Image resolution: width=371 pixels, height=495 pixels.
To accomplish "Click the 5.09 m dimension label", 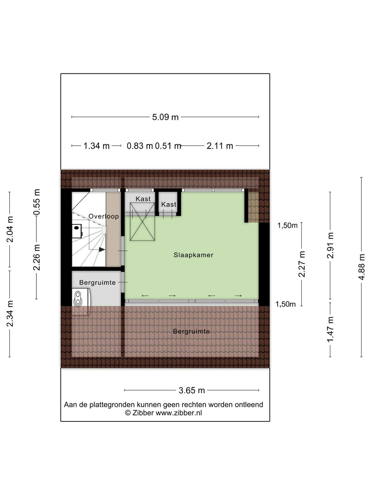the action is click(165, 117).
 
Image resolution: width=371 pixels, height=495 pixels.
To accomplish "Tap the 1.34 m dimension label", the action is click(96, 146).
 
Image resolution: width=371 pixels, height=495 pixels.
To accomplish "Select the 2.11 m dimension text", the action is click(220, 146).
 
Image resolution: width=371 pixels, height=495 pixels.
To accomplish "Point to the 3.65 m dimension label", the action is click(192, 390).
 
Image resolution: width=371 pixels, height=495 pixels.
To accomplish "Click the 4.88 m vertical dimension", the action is click(361, 267).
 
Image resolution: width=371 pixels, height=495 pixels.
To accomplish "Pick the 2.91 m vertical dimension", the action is click(330, 245).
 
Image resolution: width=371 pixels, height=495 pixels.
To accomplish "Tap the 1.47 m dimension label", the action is click(330, 329).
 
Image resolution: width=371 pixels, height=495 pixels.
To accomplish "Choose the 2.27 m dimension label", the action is click(301, 264).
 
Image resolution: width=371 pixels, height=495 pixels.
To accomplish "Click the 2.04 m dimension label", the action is click(10, 229).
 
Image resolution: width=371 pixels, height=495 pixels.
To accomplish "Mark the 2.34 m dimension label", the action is click(10, 313).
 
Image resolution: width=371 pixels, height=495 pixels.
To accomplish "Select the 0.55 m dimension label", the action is click(36, 202).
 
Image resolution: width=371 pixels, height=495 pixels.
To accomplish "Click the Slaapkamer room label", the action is click(193, 255).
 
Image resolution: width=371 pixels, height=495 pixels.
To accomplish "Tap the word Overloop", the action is click(104, 216).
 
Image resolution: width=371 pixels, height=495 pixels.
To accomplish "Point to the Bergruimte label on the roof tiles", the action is click(191, 331).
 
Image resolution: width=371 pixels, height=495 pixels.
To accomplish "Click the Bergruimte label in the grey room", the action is click(97, 282).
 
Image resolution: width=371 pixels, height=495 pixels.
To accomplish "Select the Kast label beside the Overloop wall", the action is click(143, 199).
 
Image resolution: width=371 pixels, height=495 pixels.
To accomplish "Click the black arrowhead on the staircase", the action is click(102, 249).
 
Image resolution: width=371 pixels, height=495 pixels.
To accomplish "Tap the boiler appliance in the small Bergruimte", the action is click(81, 302).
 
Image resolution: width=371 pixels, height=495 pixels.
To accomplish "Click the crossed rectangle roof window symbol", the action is click(142, 222).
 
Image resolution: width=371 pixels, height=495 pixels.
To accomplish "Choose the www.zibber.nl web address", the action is click(179, 413).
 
